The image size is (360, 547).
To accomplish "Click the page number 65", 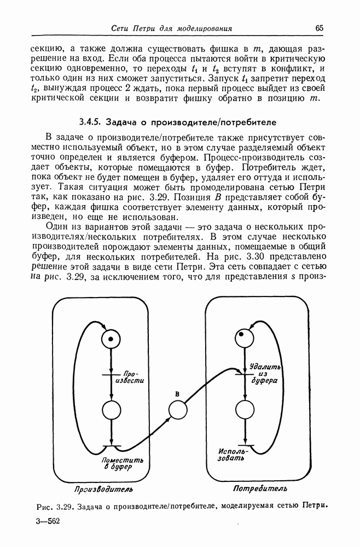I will coord(320,28).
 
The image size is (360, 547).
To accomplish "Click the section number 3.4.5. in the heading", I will coord(89,120).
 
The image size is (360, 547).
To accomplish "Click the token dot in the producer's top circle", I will coord(111,340).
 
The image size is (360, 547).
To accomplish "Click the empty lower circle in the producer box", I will coord(111,410).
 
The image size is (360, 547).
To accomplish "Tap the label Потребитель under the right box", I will coord(260,488).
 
